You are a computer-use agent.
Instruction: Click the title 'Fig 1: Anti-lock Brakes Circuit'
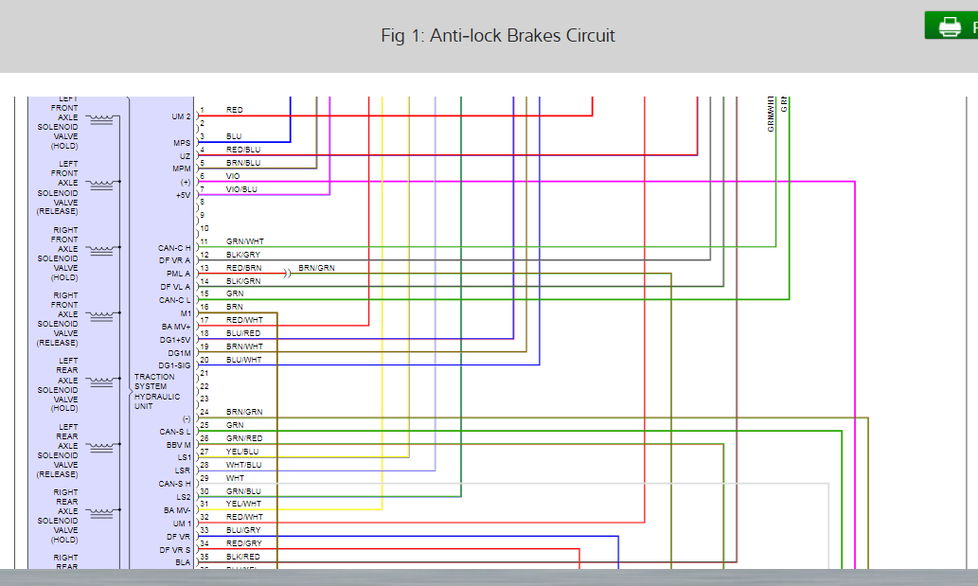(x=497, y=36)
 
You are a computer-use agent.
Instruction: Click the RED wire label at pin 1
(x=234, y=111)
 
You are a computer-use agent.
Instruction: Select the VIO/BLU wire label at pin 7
(x=241, y=189)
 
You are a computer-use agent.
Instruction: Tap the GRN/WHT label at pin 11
(x=244, y=241)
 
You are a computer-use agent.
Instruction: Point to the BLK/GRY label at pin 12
(x=243, y=255)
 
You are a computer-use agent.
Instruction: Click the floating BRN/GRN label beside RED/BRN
(x=316, y=269)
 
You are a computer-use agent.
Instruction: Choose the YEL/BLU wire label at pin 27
(x=242, y=452)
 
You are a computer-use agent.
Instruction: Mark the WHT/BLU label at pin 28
(x=243, y=465)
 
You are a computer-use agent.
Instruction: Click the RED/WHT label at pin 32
(x=243, y=517)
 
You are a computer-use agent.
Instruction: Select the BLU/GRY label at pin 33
(x=243, y=530)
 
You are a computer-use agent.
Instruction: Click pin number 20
(x=204, y=360)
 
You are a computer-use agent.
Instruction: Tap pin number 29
(x=204, y=478)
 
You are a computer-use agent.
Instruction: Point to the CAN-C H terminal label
(x=174, y=248)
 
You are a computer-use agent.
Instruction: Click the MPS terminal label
(x=182, y=143)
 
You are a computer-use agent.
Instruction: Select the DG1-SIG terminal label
(x=174, y=365)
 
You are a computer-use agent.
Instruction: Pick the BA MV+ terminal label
(x=176, y=327)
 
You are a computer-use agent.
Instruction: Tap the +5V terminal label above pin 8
(x=183, y=195)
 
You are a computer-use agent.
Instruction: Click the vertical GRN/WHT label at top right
(x=772, y=113)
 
